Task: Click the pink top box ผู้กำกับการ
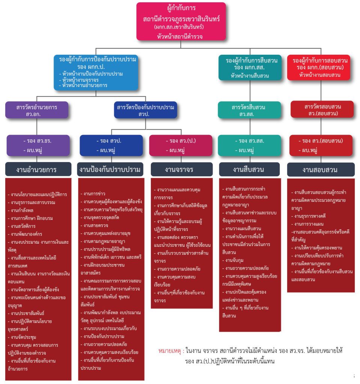pyautogui.click(x=181, y=21)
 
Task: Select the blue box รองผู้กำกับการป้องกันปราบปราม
pyautogui.click(x=96, y=72)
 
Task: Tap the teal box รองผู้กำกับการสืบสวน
pyautogui.click(x=250, y=67)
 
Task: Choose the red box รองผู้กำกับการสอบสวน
pyautogui.click(x=319, y=67)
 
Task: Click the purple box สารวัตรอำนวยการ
pyautogui.click(x=37, y=110)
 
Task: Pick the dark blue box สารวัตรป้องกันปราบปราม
pyautogui.click(x=145, y=110)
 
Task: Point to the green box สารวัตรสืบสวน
pyautogui.click(x=249, y=110)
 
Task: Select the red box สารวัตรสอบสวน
pyautogui.click(x=322, y=109)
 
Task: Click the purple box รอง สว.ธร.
pyautogui.click(x=38, y=145)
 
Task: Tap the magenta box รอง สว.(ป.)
pyautogui.click(x=181, y=145)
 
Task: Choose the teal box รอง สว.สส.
pyautogui.click(x=249, y=145)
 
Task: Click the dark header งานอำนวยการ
pyautogui.click(x=38, y=169)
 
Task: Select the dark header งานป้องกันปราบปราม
pyautogui.click(x=110, y=169)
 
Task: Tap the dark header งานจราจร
pyautogui.click(x=182, y=169)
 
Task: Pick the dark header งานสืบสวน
pyautogui.click(x=249, y=169)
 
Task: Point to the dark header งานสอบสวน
pyautogui.click(x=321, y=169)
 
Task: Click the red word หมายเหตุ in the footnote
pyautogui.click(x=170, y=351)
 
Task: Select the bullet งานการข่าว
pyautogui.click(x=93, y=194)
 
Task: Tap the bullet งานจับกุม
pyautogui.click(x=233, y=260)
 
